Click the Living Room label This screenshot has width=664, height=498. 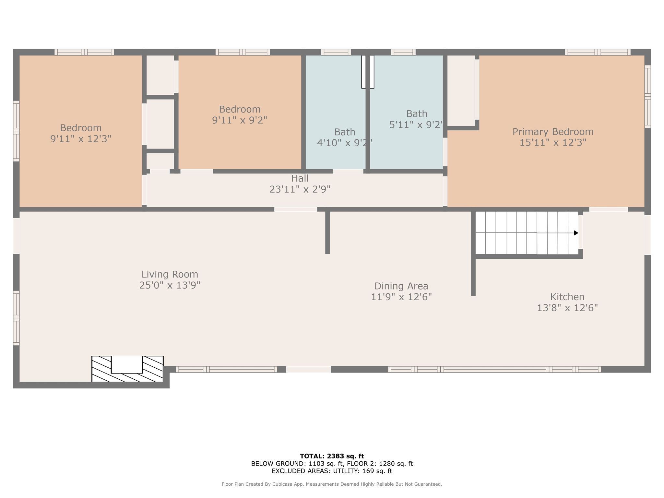170,274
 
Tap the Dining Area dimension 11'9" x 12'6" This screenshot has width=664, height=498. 401,297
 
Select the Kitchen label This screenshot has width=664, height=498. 567,297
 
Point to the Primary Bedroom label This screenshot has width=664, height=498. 553,132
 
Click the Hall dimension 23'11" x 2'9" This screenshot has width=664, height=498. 300,189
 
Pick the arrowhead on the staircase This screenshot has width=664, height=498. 576,233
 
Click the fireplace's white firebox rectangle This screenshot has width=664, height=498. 126,364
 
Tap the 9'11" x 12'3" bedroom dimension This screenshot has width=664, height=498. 81,139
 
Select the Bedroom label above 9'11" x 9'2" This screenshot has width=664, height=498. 240,109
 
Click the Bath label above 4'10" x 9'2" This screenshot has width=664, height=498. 345,132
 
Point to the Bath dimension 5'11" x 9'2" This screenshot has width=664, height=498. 416,125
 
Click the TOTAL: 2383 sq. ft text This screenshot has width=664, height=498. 332,456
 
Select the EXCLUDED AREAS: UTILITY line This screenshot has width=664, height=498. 332,471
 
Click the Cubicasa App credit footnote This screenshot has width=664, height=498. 332,484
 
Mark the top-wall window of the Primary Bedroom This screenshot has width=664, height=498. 598,52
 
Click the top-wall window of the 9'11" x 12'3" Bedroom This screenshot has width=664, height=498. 84,52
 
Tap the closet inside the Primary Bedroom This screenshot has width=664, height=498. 461,90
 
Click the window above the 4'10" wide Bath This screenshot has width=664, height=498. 336,52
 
